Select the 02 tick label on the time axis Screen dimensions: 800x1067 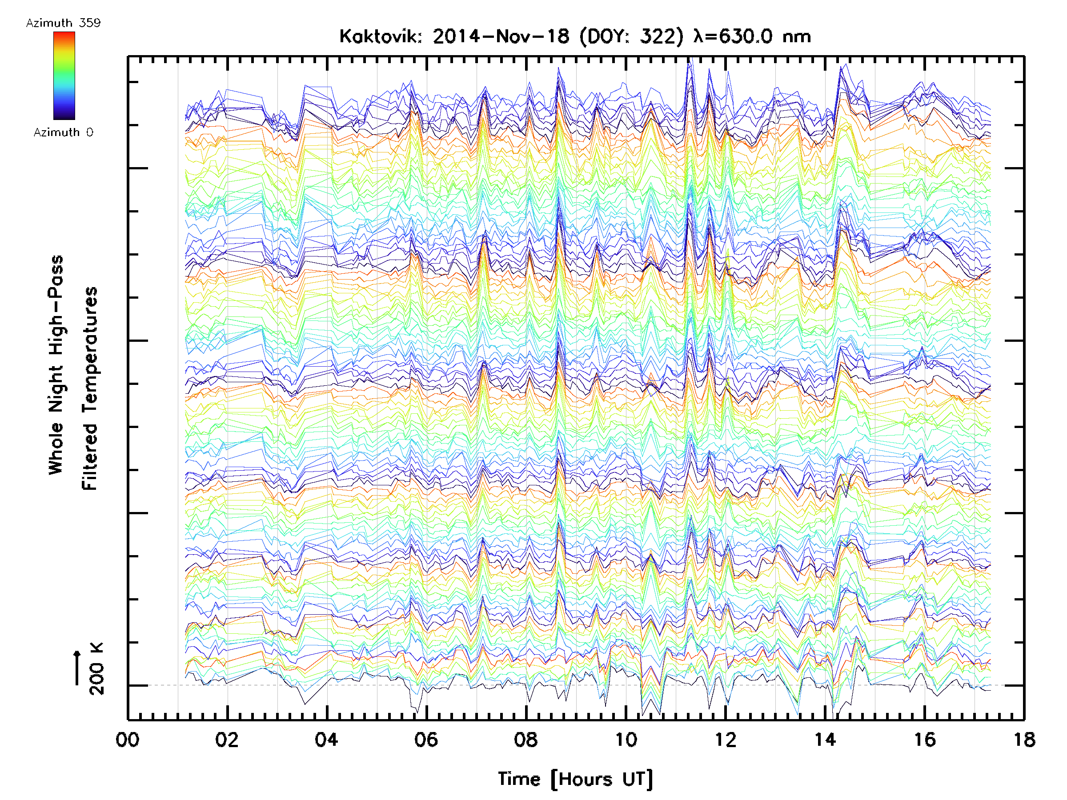coord(227,739)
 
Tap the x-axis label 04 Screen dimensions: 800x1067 coord(327,739)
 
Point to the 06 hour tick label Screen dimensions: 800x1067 coord(426,739)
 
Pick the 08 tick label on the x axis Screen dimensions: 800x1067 coord(526,739)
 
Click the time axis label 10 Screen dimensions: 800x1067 coord(626,739)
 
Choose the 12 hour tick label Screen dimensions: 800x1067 coord(726,739)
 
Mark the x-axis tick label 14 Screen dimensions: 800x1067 coord(825,739)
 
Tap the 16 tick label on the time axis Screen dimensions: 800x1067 coord(925,739)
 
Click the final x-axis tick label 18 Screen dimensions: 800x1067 coord(1024,739)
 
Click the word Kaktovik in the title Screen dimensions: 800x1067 coord(380,36)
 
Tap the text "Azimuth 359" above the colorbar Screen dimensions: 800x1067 coord(63,23)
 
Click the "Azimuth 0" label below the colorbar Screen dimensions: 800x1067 coord(63,132)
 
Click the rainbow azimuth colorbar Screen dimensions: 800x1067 coord(64,76)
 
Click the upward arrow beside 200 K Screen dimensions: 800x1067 coord(77,668)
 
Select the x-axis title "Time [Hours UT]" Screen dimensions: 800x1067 coord(575,779)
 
